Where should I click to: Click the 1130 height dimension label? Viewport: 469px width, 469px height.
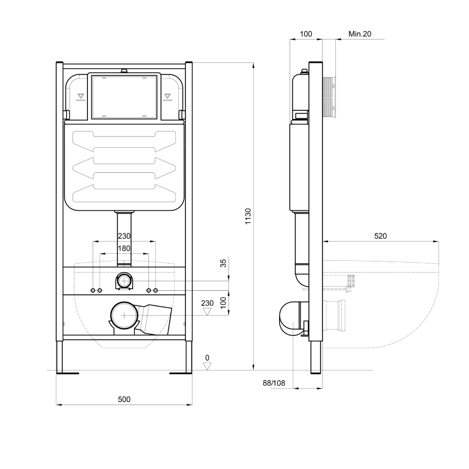247,217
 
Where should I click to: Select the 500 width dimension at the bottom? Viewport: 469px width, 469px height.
124,399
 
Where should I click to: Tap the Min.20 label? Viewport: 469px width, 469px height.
360,34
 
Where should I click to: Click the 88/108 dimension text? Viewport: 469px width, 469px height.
273,383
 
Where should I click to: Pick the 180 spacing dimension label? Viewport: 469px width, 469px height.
124,249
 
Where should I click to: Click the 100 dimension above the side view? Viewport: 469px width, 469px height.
305,34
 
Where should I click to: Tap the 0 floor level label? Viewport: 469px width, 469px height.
206,357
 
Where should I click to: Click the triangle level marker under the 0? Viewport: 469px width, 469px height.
206,366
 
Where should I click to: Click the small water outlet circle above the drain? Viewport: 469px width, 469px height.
124,281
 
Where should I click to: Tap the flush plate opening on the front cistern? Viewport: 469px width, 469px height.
124,96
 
